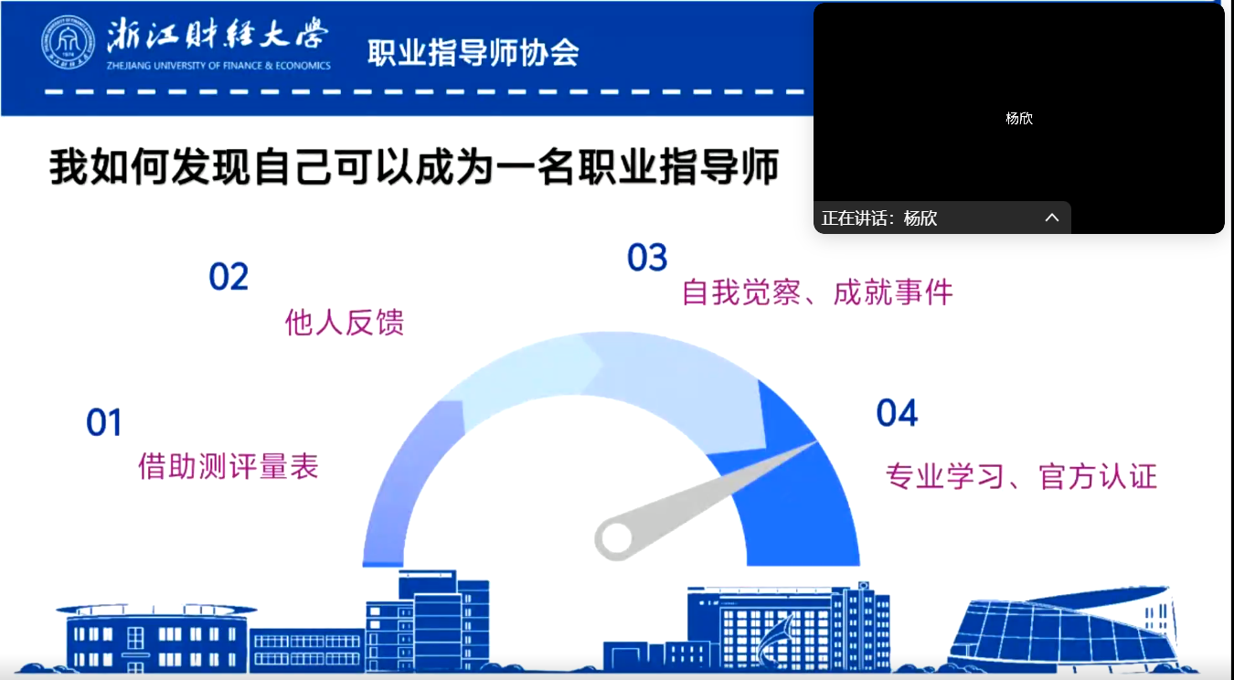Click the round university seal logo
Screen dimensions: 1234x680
click(x=68, y=42)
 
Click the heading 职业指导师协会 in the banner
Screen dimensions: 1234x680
click(x=473, y=53)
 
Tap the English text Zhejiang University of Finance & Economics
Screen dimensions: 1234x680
click(x=218, y=66)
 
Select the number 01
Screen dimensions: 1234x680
click(x=103, y=422)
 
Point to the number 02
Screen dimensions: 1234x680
click(x=229, y=277)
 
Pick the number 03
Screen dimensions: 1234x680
click(x=647, y=258)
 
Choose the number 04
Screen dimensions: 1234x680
click(x=897, y=413)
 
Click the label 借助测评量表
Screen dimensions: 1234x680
click(x=229, y=467)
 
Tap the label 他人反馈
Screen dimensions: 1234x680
click(x=345, y=323)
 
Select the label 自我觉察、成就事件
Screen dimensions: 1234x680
click(x=817, y=292)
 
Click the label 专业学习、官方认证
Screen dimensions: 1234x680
click(x=1021, y=477)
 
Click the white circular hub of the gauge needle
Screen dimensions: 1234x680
click(x=616, y=537)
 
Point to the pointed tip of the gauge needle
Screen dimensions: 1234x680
click(x=816, y=442)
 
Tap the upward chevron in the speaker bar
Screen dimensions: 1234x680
click(x=1052, y=218)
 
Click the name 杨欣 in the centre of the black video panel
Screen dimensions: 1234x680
click(x=1018, y=119)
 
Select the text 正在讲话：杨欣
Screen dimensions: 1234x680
click(x=879, y=218)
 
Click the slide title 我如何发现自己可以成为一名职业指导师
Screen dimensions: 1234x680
click(x=414, y=166)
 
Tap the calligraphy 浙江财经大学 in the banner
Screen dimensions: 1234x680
click(x=218, y=35)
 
